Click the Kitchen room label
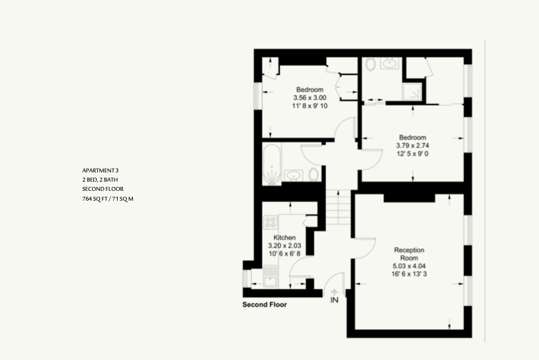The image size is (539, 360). click(x=284, y=238)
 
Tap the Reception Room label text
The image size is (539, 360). click(x=409, y=254)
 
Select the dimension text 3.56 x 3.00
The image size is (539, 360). click(x=310, y=98)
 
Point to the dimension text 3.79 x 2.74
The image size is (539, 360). click(x=413, y=145)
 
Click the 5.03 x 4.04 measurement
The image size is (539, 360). click(x=409, y=266)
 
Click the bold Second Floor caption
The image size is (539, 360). click(x=264, y=305)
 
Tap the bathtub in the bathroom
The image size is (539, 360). click(x=272, y=165)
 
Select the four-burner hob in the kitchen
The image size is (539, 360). click(x=271, y=222)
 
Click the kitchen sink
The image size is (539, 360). click(x=270, y=276)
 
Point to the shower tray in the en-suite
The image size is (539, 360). click(x=412, y=91)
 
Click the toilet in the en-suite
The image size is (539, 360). click(x=370, y=64)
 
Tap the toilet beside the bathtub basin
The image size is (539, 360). click(x=313, y=174)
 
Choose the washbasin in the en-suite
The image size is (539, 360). click(x=389, y=63)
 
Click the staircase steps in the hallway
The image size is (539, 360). click(x=339, y=207)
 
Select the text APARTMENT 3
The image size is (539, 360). click(x=101, y=170)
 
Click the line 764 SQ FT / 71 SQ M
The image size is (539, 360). click(x=108, y=199)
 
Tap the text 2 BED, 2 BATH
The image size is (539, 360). click(x=100, y=180)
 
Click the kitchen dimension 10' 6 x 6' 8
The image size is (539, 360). click(x=284, y=253)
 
